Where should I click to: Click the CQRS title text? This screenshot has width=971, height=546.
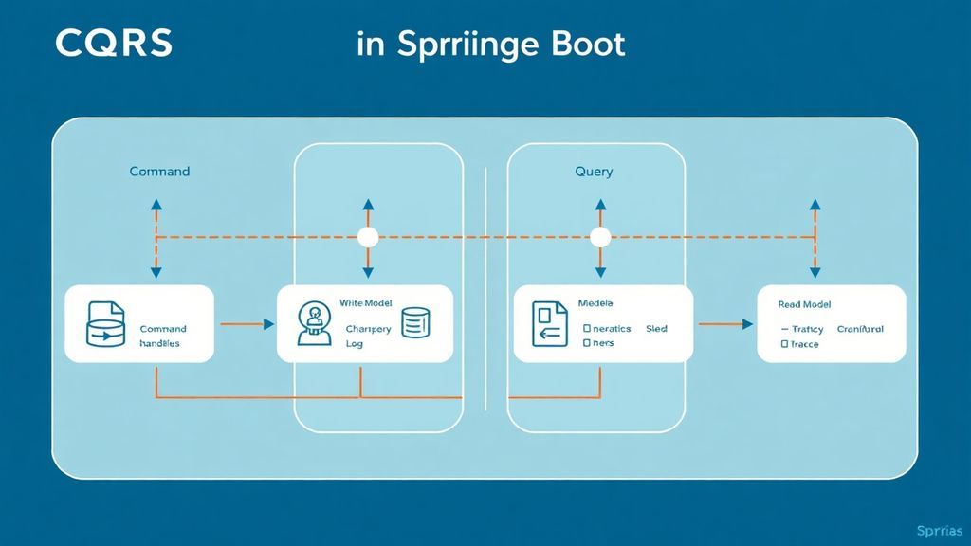pos(114,43)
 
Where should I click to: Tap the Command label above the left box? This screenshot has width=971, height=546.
pos(159,172)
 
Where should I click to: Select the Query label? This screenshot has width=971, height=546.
pos(594,172)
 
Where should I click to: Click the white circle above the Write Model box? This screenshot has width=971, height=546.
pos(368,237)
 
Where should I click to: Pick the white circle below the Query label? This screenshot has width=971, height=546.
pos(599,237)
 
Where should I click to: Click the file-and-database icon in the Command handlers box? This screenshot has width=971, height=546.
pos(105,324)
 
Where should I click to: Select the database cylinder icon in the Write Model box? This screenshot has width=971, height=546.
pos(416,322)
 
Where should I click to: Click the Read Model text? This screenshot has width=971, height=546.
pos(804,304)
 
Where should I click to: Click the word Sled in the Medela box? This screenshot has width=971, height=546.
pos(656,329)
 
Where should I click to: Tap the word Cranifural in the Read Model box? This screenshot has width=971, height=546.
pos(861,329)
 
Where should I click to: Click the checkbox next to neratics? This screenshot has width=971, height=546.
pos(586,329)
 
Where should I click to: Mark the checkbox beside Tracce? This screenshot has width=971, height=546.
pos(784,345)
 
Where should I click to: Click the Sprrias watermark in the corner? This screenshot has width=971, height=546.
pos(941,530)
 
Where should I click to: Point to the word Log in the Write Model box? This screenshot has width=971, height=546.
pos(355,344)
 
